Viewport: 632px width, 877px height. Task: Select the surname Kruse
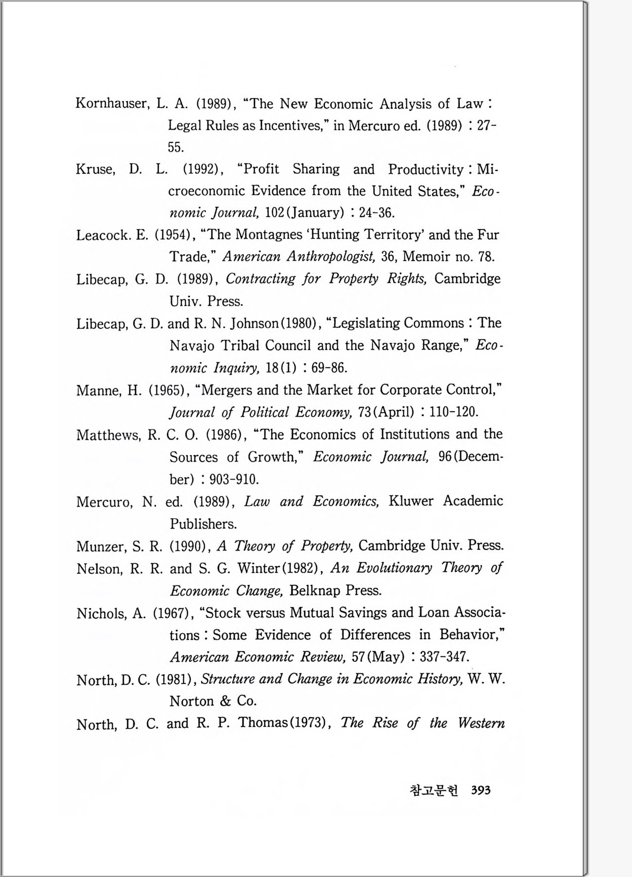[95, 169]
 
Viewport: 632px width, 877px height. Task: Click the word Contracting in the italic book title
[261, 279]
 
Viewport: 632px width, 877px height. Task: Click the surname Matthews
[108, 435]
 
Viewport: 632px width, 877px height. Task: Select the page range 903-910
[234, 480]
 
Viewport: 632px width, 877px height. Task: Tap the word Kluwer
[411, 501]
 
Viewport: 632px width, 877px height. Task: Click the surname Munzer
[100, 547]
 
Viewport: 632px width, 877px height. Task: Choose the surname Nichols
[100, 614]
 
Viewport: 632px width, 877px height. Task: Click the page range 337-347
[443, 657]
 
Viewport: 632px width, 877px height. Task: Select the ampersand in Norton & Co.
[225, 701]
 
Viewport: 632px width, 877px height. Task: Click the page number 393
[481, 791]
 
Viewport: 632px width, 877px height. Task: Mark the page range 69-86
[329, 368]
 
